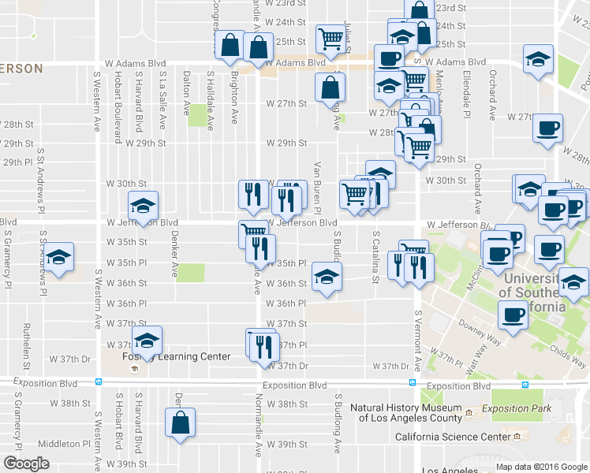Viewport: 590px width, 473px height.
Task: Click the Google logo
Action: pos(26,464)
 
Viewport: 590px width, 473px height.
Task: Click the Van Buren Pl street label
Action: pos(317,188)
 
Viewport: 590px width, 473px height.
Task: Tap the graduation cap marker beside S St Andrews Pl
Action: pos(57,258)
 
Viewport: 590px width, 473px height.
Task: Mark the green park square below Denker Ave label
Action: pos(189,273)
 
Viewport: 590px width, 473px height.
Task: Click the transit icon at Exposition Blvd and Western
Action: pos(98,382)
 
